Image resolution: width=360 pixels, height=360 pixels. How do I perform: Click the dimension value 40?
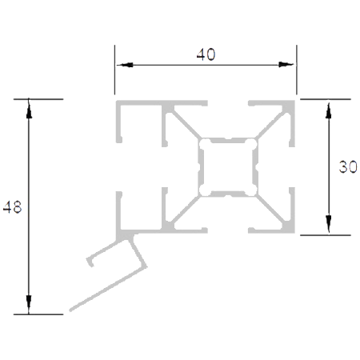pyautogui.click(x=206, y=54)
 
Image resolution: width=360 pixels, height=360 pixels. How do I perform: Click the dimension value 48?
pyautogui.click(x=12, y=207)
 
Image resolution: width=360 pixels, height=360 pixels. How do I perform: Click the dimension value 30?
pyautogui.click(x=348, y=167)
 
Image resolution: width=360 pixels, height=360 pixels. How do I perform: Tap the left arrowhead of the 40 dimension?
pyautogui.click(x=125, y=65)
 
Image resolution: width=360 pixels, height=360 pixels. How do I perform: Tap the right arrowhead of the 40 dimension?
pyautogui.click(x=286, y=65)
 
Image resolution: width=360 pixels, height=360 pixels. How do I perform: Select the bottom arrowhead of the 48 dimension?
pyautogui.click(x=29, y=305)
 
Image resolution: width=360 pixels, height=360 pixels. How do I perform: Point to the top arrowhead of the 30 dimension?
pyautogui.click(x=329, y=110)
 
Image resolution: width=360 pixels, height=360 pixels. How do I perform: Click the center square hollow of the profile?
pyautogui.click(x=228, y=167)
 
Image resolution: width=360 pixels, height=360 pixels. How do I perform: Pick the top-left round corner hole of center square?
pyautogui.click(x=205, y=144)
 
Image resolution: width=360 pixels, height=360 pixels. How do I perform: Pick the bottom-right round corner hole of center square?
pyautogui.click(x=251, y=190)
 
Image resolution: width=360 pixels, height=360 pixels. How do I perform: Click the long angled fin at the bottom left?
pyautogui.click(x=108, y=289)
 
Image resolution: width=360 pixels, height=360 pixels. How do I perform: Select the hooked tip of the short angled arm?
pyautogui.click(x=90, y=262)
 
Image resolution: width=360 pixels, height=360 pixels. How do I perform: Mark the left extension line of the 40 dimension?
pyautogui.click(x=115, y=70)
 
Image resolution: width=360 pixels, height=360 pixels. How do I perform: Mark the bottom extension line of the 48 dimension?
pyautogui.click(x=38, y=314)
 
